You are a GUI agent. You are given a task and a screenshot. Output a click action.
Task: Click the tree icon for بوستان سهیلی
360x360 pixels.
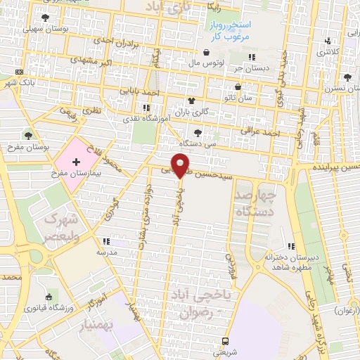[x=46, y=18]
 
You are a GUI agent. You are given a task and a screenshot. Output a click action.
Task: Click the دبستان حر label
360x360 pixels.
[x=252, y=67]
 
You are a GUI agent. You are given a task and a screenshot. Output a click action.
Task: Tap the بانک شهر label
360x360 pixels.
[x=17, y=82]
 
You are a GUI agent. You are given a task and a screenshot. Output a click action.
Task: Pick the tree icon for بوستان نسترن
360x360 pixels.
[x=347, y=78]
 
